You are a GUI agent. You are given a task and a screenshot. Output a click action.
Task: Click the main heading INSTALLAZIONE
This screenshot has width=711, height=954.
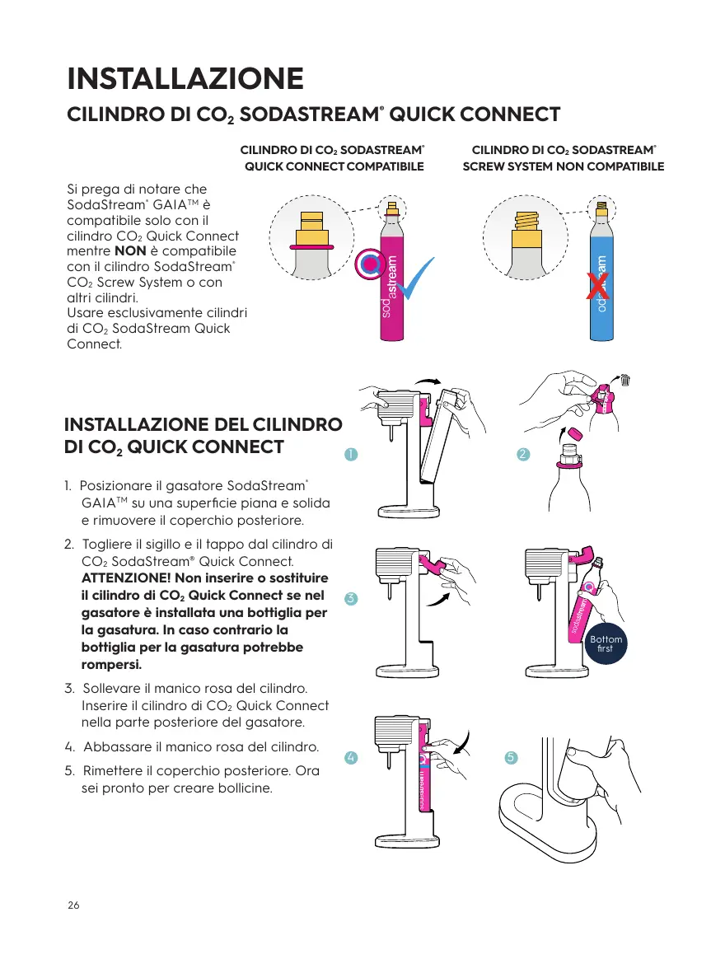coord(185,78)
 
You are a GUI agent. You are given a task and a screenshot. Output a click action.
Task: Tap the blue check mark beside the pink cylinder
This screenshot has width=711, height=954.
coord(417,280)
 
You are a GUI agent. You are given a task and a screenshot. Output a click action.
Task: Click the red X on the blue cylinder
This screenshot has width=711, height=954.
coord(597,287)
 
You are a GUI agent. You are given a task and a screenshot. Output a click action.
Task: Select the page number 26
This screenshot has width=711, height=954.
coord(73,905)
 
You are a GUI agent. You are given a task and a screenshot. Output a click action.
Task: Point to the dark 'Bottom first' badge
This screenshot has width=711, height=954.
coord(606,643)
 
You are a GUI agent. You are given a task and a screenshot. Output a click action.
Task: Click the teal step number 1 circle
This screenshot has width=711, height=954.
coord(351,454)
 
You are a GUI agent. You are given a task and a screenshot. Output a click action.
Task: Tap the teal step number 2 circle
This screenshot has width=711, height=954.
coord(523,454)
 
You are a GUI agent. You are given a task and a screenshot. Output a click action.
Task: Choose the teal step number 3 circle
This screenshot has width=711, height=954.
coord(351,598)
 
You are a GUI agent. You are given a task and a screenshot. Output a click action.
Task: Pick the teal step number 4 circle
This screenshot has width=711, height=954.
coord(351,757)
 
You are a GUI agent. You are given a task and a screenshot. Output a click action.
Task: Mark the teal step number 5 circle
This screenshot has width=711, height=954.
coord(511,757)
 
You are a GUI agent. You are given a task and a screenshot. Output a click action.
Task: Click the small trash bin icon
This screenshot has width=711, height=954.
coord(624,381)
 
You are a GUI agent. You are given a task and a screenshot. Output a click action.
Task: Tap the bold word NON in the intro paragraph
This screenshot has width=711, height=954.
coord(130,250)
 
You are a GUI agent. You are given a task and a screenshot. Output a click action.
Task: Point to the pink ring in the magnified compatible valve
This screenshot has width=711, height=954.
coord(311,246)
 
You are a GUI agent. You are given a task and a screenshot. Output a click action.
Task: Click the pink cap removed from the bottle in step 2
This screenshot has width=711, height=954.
coord(575,434)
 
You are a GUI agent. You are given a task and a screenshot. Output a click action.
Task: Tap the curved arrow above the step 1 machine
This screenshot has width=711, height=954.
coord(428,381)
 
